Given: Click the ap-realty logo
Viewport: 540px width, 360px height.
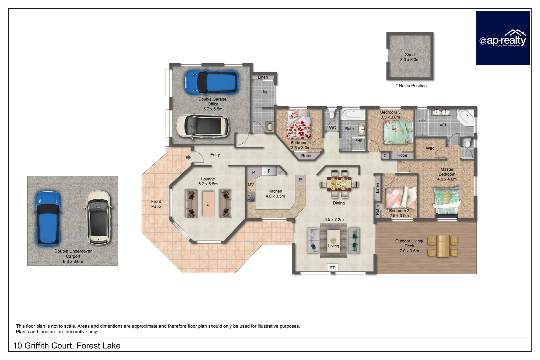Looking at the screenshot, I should (x=502, y=38).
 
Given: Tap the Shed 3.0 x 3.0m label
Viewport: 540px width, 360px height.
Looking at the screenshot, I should (x=410, y=57).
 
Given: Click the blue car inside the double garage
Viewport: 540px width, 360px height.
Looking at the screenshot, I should (x=211, y=82).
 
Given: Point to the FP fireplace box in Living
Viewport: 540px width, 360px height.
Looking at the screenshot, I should (x=333, y=268).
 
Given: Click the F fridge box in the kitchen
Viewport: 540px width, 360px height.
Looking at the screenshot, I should (x=269, y=171).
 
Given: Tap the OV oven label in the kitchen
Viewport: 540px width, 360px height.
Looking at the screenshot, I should (x=251, y=184).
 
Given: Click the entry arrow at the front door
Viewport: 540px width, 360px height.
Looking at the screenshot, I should (x=188, y=157).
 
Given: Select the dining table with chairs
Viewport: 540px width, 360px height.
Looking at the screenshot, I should (x=339, y=184).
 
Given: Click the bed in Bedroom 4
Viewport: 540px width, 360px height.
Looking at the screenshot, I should (x=299, y=125).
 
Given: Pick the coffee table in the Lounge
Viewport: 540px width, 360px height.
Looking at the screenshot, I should (x=209, y=204).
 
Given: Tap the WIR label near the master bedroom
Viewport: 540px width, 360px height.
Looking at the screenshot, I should (x=430, y=148).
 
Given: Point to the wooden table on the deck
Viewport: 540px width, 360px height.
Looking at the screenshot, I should (x=443, y=246).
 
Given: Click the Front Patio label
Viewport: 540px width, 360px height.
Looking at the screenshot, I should (x=156, y=204).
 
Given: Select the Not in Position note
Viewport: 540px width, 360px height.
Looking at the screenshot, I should (x=411, y=86).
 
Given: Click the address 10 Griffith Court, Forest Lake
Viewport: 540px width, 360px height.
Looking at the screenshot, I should (x=67, y=346).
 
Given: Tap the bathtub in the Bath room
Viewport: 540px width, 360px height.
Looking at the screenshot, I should (x=353, y=114).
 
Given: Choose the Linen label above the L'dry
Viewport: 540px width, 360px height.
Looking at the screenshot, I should (x=263, y=77).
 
